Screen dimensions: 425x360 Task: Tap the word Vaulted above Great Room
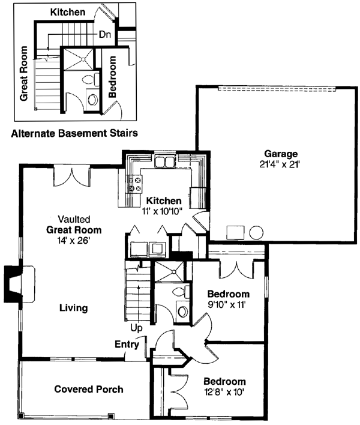74,219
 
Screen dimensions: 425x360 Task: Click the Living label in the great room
74,308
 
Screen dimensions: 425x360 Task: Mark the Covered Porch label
89,389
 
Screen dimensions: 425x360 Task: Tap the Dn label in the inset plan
106,35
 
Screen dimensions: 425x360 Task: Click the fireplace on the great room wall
13,283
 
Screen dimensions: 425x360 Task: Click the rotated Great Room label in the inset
25,73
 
